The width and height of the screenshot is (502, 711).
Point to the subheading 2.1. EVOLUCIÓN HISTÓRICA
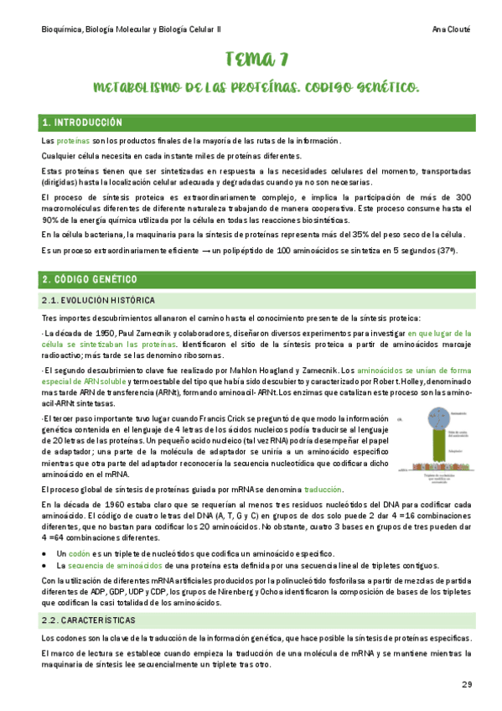98,299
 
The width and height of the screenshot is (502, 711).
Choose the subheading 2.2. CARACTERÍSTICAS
88,620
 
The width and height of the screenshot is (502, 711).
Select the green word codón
79,554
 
